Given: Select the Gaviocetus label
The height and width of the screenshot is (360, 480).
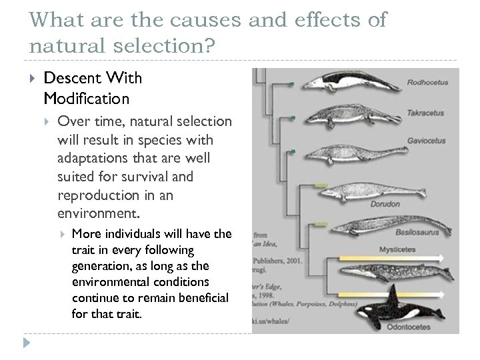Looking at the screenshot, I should [427, 141].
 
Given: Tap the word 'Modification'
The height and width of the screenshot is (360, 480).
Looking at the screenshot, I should [86, 99].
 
